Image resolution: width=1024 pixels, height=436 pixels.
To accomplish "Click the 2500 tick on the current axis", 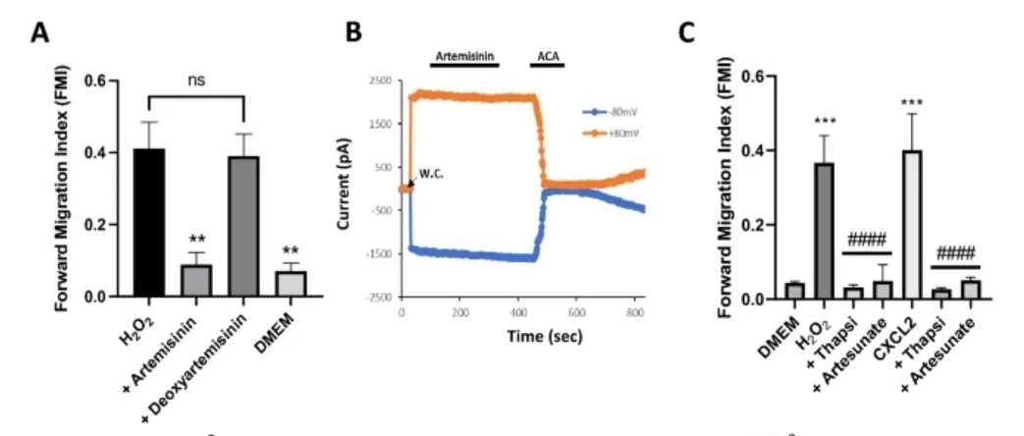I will click(378, 81).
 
